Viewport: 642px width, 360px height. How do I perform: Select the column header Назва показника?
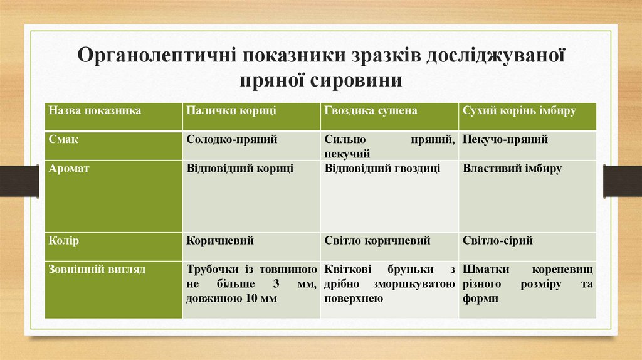coord(95,110)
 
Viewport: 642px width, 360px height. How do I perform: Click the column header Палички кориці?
coord(231,110)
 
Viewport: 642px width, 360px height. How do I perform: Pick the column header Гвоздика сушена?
coord(371,110)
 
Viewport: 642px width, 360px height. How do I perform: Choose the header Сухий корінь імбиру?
coord(519,110)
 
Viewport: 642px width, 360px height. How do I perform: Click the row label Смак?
coord(63,139)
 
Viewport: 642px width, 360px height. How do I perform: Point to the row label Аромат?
coord(69,169)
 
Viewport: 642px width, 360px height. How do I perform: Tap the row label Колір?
coord(64,240)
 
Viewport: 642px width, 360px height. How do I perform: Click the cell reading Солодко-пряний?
coord(231,139)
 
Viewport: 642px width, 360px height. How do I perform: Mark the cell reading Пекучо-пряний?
coord(505,139)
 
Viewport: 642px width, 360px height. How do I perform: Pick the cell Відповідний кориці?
coord(239,169)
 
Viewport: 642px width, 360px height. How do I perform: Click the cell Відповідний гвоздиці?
coord(382,169)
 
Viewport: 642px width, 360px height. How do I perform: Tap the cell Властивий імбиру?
coord(512,169)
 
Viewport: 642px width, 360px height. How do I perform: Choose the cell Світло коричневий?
coord(377,240)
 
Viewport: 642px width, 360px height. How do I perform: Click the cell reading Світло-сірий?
coord(498,240)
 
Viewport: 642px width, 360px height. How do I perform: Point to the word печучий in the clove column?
coord(347,154)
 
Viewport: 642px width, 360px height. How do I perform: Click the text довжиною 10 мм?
coord(231,299)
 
